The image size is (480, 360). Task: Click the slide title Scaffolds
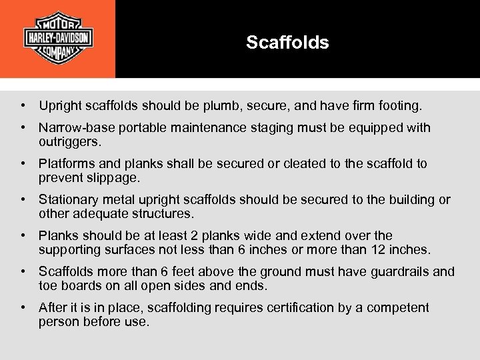[x=287, y=43]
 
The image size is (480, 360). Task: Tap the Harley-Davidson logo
[x=58, y=38]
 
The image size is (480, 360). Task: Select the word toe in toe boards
[x=48, y=286]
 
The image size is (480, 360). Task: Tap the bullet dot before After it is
[x=23, y=307]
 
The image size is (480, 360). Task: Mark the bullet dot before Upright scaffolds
[x=23, y=105]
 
